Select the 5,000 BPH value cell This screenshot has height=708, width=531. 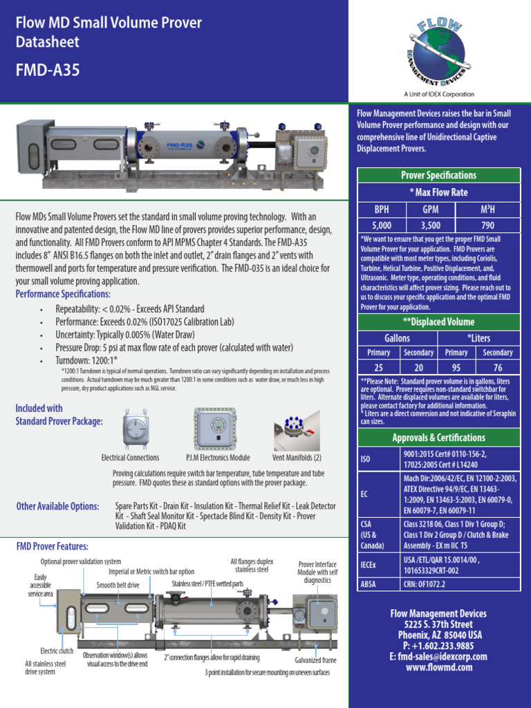[381, 225]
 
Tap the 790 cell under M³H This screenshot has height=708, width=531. [487, 225]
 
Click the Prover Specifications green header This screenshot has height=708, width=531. [438, 175]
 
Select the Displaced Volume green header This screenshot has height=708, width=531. [438, 322]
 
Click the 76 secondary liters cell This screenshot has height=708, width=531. [497, 367]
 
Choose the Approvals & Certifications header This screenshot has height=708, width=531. [438, 438]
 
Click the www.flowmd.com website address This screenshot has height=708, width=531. [438, 667]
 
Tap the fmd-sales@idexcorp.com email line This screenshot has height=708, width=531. [438, 657]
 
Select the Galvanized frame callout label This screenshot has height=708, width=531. [315, 660]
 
